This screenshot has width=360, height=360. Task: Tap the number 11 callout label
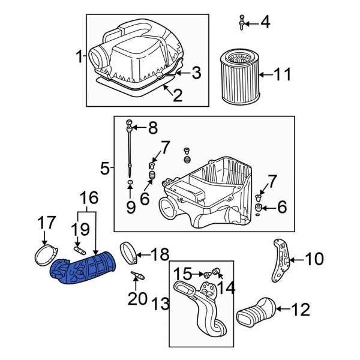pyautogui.click(x=281, y=75)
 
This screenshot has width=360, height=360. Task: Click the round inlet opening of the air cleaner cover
pyautogui.click(x=98, y=58)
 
